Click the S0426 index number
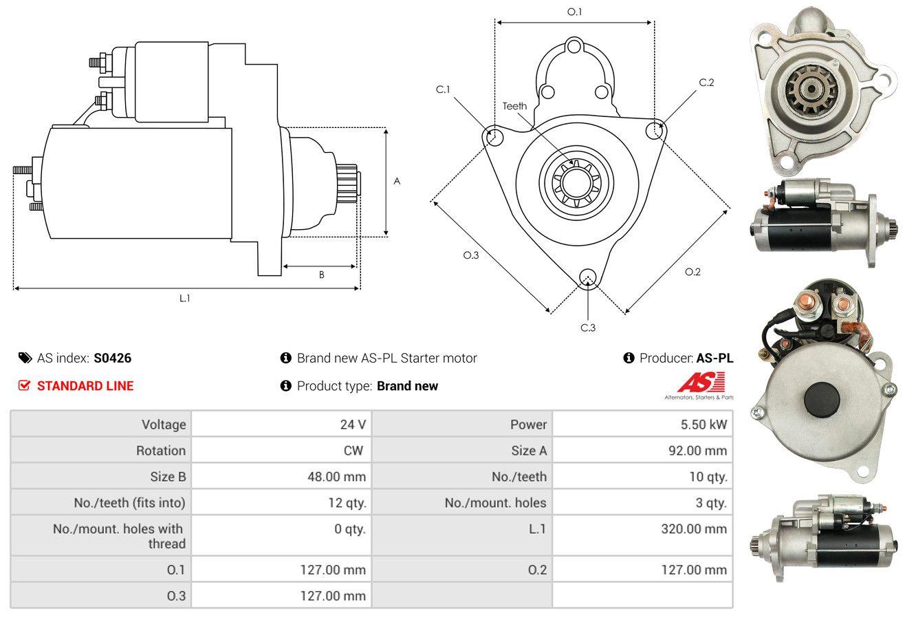[112, 358]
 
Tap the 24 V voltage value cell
[353, 425]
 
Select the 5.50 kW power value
[704, 425]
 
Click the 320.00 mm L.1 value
[694, 529]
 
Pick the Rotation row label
[161, 450]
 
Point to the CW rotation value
[353, 450]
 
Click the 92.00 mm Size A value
[697, 450]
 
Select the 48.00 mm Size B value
[336, 476]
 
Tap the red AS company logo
[701, 383]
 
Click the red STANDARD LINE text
[85, 386]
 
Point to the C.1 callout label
[443, 89]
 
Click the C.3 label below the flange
[588, 328]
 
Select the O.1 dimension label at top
[574, 12]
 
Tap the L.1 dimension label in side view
[184, 298]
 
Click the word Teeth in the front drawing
[514, 106]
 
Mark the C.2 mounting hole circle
[655, 131]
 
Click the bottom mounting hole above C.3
[588, 277]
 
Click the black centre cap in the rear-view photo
[822, 400]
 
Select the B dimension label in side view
[322, 275]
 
